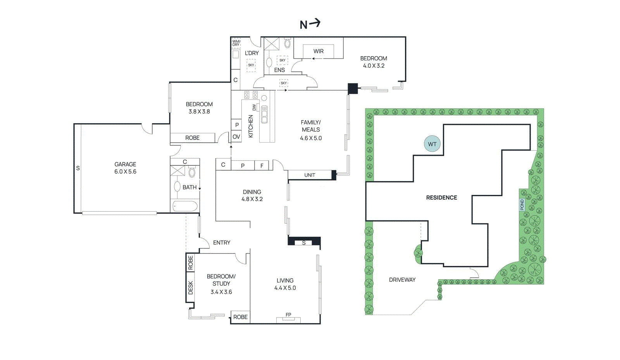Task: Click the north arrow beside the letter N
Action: point(315,23)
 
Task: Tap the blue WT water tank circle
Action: point(432,144)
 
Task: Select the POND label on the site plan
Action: point(522,205)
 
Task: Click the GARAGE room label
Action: point(125,164)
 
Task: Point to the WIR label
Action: point(318,51)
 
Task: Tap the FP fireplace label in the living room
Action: point(288,315)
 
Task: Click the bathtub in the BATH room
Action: point(185,206)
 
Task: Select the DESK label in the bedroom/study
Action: point(190,288)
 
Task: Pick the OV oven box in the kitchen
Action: point(236,137)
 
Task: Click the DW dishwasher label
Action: point(254,107)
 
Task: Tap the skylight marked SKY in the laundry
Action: point(251,65)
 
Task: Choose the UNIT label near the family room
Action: point(310,175)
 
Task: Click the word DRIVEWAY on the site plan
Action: point(402,280)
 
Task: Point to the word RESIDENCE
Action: point(441,198)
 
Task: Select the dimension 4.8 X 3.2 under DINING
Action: point(252,199)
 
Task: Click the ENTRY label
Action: point(221,243)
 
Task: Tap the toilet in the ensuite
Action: point(288,43)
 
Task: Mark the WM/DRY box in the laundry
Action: point(236,43)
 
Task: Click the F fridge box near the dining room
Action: point(262,165)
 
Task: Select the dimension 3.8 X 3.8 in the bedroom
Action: point(199,112)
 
